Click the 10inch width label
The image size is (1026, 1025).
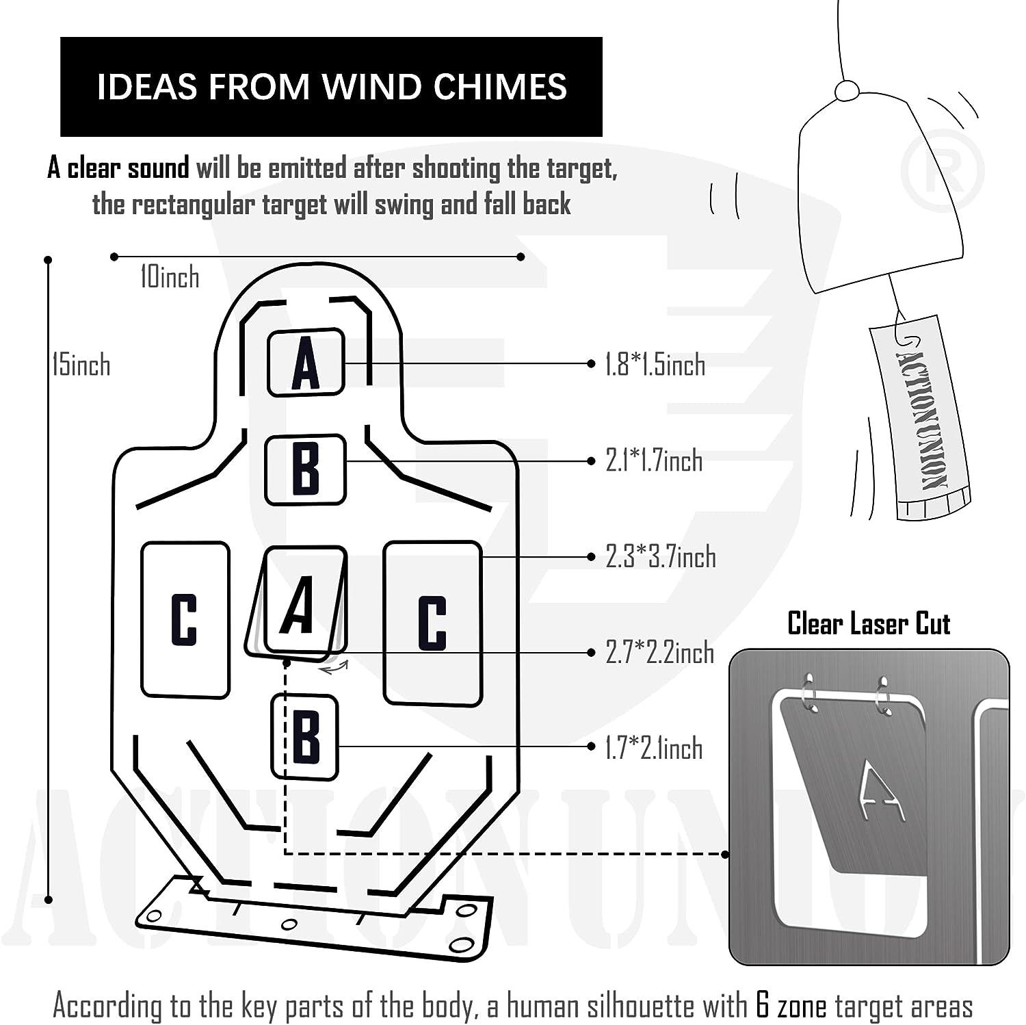tap(170, 277)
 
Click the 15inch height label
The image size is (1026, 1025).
tap(81, 365)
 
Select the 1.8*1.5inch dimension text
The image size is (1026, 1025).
tap(655, 365)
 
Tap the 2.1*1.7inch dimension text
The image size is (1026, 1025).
tap(654, 460)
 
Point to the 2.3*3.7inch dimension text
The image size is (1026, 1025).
tap(661, 557)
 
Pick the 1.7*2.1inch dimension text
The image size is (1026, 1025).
tap(654, 749)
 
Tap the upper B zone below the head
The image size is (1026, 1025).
tap(305, 469)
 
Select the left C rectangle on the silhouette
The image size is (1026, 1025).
tap(185, 620)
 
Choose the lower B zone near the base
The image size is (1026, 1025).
tap(305, 737)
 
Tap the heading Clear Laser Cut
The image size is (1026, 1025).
tap(869, 623)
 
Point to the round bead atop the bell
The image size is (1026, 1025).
tap(847, 90)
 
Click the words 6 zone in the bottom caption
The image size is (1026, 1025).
tap(791, 1006)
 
